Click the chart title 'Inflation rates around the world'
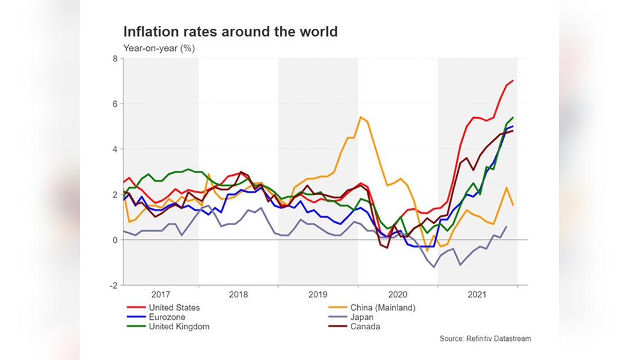(230, 31)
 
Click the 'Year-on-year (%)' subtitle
(159, 48)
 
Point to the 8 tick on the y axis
(114, 59)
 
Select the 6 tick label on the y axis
(114, 104)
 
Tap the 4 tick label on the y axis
(114, 150)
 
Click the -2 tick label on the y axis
(113, 285)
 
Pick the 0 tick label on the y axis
(114, 240)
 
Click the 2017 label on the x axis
(161, 295)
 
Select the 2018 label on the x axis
(238, 295)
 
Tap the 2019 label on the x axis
(318, 295)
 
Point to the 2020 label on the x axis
(397, 295)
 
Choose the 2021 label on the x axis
(477, 295)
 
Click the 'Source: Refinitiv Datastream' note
(485, 338)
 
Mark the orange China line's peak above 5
(361, 117)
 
